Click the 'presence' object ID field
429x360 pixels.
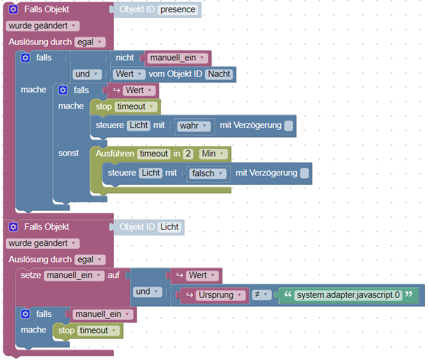(178, 10)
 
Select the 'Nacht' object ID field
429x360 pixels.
(219, 74)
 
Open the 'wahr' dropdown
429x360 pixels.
(195, 126)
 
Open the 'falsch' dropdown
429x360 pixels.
(207, 173)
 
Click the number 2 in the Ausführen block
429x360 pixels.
(188, 154)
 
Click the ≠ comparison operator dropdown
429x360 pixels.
(262, 295)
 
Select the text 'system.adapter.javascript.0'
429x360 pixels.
(348, 295)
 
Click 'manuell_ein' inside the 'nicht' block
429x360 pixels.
(177, 58)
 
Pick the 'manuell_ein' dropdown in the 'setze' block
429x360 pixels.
(74, 275)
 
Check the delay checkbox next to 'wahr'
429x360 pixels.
(288, 126)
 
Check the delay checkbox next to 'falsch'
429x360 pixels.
(304, 173)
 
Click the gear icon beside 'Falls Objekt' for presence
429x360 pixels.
(14, 10)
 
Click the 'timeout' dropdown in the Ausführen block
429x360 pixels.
(153, 154)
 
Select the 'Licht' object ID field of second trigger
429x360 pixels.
(170, 227)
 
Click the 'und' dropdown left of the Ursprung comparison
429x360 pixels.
(146, 292)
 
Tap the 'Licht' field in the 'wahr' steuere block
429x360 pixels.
(138, 126)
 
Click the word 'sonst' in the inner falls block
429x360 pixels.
(69, 153)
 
